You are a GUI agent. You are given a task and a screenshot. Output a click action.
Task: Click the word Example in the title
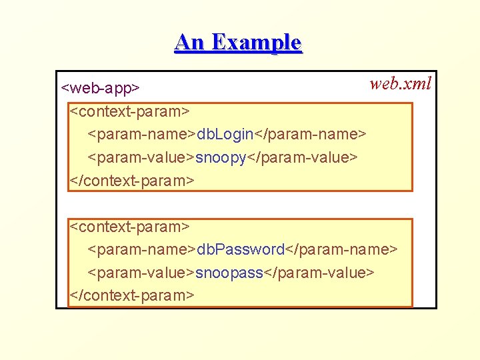tap(257, 43)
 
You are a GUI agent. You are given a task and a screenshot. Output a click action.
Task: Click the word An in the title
tap(189, 43)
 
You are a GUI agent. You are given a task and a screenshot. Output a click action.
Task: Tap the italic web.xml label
tap(401, 83)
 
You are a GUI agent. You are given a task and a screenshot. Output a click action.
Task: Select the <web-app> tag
tap(100, 88)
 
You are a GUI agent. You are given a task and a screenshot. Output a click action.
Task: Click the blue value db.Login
tap(225, 134)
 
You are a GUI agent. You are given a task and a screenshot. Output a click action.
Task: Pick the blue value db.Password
tap(240, 249)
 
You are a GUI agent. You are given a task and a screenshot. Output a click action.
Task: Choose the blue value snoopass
tap(229, 273)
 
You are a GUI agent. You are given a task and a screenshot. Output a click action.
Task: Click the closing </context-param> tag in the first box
tap(133, 180)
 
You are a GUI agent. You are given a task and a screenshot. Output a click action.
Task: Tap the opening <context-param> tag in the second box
tap(131, 227)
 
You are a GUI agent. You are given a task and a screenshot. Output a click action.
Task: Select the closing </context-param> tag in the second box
tap(133, 295)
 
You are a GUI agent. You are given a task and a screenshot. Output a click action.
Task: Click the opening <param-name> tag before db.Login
tap(141, 134)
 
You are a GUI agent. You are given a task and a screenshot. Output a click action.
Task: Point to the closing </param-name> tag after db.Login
tap(311, 134)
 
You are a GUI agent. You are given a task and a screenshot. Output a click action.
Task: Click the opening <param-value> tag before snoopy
tap(141, 157)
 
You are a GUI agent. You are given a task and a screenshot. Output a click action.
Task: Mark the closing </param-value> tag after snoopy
tap(303, 157)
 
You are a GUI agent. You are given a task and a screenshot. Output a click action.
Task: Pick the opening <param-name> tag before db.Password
tap(141, 249)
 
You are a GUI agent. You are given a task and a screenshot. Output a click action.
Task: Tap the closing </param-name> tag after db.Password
tap(341, 249)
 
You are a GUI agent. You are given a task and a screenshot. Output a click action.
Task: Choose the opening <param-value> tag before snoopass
tap(141, 273)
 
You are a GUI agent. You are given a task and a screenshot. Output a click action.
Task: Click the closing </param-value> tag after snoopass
tap(319, 273)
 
